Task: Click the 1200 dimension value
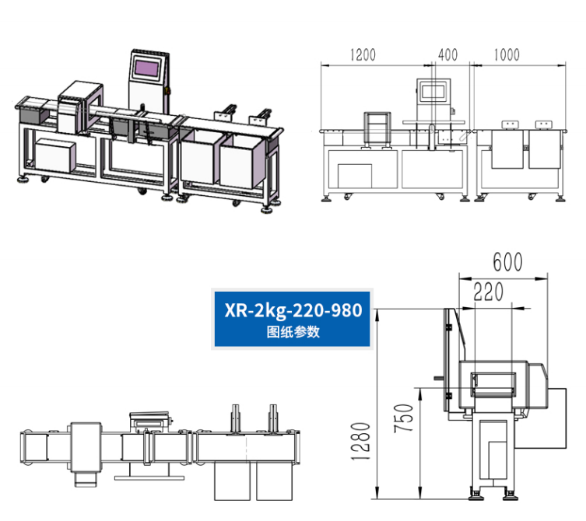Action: (x=363, y=55)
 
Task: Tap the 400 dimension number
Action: (x=447, y=55)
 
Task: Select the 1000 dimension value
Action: (x=507, y=55)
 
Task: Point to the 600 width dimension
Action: (x=507, y=262)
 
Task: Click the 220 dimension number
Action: (x=488, y=292)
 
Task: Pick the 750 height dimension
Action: (x=404, y=418)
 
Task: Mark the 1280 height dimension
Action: (x=360, y=441)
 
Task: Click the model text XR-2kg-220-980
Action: (x=293, y=310)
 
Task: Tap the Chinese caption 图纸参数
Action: (x=293, y=331)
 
